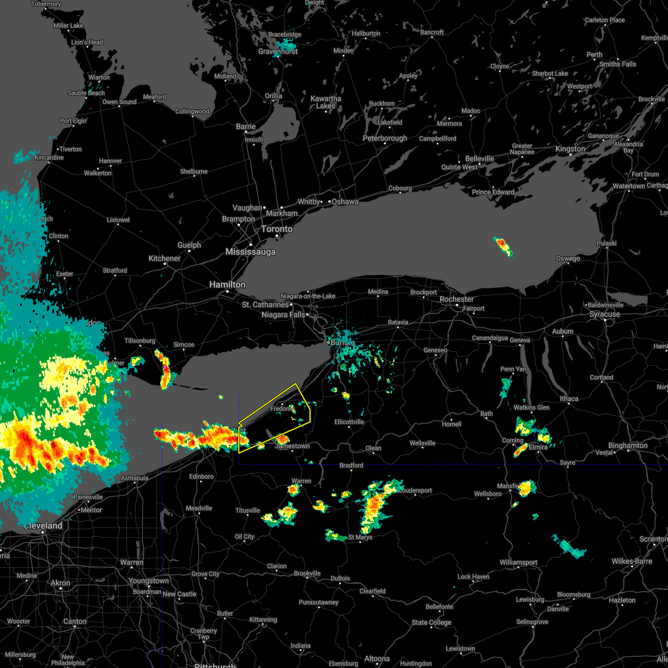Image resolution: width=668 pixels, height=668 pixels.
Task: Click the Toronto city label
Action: click(277, 229)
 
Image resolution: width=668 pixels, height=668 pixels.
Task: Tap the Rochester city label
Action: click(456, 299)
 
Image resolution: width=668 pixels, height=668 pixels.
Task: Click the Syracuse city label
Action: click(605, 315)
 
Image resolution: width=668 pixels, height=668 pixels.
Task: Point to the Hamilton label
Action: click(227, 284)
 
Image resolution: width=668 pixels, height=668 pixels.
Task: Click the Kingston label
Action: click(570, 149)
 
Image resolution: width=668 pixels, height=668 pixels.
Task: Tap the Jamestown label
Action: click(292, 446)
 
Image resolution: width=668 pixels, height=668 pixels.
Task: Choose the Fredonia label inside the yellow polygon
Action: click(281, 409)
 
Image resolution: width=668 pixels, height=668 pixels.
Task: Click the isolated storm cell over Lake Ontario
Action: click(503, 245)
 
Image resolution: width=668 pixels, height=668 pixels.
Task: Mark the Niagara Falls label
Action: click(283, 315)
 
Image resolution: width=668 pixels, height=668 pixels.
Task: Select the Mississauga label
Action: click(250, 252)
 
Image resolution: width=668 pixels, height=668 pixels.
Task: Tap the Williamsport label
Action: click(518, 563)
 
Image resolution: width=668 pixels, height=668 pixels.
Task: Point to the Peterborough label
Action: click(385, 138)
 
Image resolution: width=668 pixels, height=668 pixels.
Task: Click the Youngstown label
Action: click(149, 581)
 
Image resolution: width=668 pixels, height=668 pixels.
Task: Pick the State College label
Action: click(431, 622)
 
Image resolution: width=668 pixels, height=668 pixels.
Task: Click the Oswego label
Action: click(568, 258)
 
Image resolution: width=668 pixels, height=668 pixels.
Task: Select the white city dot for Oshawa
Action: click(329, 202)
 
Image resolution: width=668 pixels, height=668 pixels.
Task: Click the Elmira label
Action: click(538, 447)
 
